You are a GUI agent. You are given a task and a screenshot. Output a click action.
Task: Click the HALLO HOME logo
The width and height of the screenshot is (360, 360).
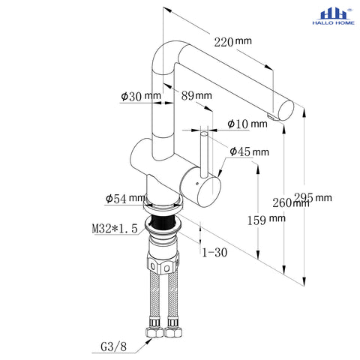pyautogui.click(x=333, y=16)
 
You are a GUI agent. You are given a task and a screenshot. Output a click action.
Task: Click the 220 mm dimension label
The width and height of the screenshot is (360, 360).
pyautogui.click(x=232, y=42)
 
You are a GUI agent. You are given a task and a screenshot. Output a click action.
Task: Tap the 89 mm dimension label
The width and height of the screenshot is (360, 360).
pyautogui.click(x=196, y=95)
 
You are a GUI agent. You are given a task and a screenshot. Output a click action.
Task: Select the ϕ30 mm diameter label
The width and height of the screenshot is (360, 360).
pyautogui.click(x=141, y=96)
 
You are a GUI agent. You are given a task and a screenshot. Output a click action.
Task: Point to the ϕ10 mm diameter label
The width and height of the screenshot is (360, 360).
pyautogui.click(x=247, y=124)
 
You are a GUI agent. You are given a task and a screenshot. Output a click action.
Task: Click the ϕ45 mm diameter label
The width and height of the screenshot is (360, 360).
pyautogui.click(x=249, y=151)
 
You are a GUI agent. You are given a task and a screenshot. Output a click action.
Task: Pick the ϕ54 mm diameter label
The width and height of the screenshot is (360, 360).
pyautogui.click(x=125, y=199)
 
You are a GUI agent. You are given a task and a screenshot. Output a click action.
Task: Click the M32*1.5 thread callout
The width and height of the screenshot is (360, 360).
pyautogui.click(x=115, y=229)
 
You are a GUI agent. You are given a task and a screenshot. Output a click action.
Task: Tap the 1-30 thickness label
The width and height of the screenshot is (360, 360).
pyautogui.click(x=214, y=253)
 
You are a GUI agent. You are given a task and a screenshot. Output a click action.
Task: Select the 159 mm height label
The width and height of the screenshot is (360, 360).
pyautogui.click(x=266, y=220)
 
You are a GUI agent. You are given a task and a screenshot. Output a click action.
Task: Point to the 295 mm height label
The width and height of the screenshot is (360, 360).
pyautogui.click(x=313, y=197)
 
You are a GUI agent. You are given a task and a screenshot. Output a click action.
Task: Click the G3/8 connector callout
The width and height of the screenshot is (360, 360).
pyautogui.click(x=113, y=347)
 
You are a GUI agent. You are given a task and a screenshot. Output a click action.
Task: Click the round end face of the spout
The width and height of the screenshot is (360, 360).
pyautogui.click(x=286, y=111)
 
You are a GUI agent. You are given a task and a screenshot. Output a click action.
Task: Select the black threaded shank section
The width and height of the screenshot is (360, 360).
pyautogui.click(x=163, y=222)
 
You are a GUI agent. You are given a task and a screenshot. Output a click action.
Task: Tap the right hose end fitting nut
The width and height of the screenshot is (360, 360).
pyautogui.click(x=173, y=332)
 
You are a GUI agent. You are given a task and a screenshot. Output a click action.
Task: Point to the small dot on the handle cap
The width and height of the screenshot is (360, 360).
pyautogui.click(x=196, y=184)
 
